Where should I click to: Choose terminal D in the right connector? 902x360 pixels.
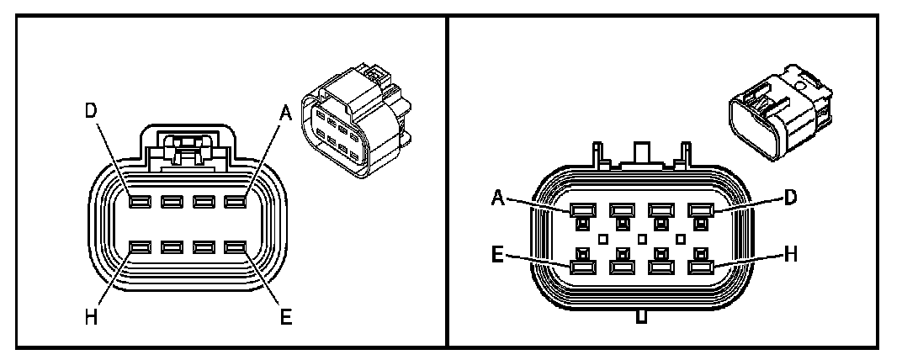(700, 210)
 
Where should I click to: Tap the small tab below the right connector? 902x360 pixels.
(641, 316)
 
